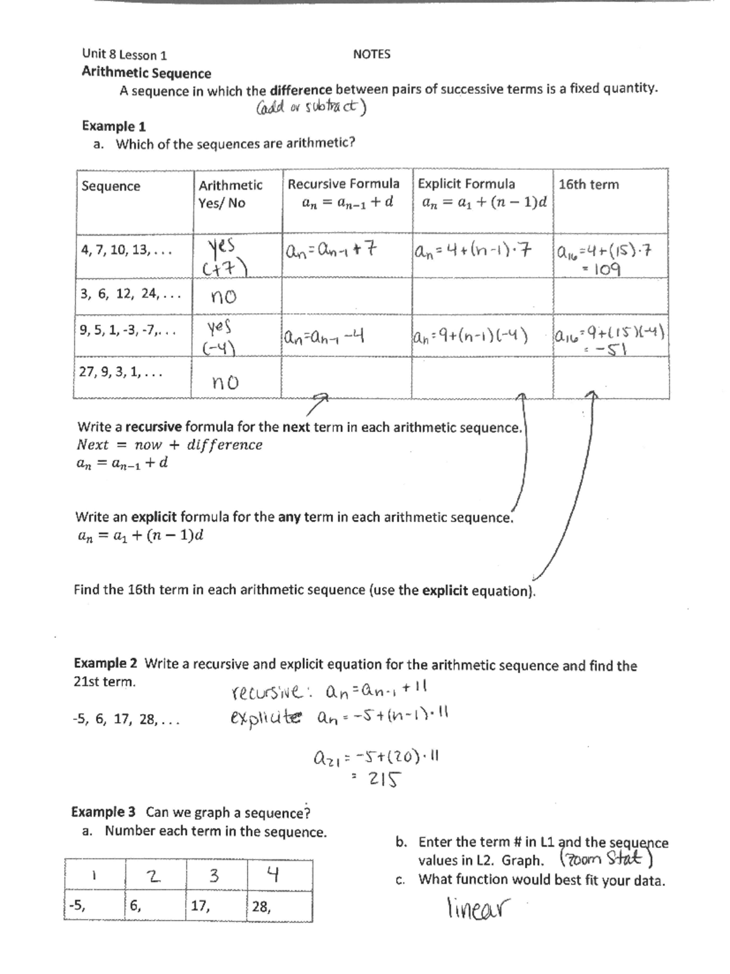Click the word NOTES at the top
tap(371, 54)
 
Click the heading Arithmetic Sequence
tap(146, 73)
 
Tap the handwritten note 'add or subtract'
tap(310, 108)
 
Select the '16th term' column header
tap(588, 184)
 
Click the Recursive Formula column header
tap(343, 184)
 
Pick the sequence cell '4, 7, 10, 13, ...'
tap(127, 250)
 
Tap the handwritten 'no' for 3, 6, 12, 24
tap(223, 297)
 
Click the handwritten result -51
tap(611, 350)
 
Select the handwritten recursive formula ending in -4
tap(324, 335)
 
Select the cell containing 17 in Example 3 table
tap(201, 906)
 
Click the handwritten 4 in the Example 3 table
tap(273, 875)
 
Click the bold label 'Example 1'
tap(114, 127)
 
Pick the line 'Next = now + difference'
tap(170, 445)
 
